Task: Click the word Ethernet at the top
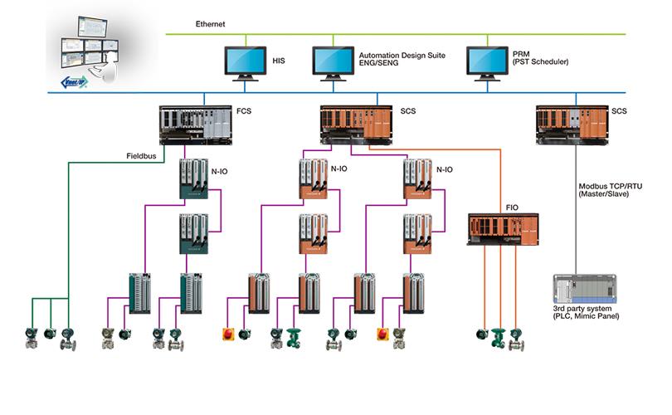click(212, 24)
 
